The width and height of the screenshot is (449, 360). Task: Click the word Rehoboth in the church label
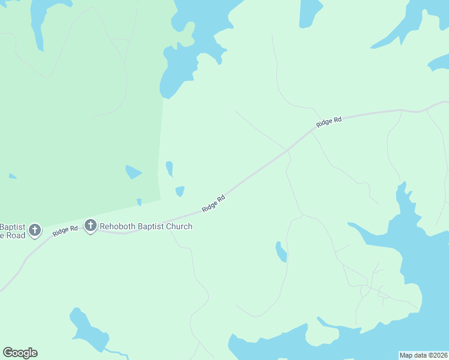pos(119,226)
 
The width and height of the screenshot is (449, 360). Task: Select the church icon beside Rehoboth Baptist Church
pos(91,226)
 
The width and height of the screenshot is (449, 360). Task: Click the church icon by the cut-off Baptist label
pos(35,229)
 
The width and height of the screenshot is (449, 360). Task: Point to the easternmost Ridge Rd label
pos(328,122)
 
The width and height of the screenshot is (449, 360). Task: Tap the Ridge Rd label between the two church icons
pos(65,230)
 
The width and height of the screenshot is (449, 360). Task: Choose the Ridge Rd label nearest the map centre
pos(214,202)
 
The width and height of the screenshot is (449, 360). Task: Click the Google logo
pos(20,353)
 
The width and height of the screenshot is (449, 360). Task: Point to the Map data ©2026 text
pos(424,355)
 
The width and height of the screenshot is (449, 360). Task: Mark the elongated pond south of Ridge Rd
pos(280,251)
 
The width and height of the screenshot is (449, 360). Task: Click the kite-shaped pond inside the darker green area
pos(133,172)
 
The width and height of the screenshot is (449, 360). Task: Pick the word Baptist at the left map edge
pos(12,227)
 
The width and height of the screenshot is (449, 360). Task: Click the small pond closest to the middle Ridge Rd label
pos(179,191)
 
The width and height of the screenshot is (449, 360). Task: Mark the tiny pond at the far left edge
pos(12,176)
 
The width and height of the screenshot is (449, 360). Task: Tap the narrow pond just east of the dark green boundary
pos(170,169)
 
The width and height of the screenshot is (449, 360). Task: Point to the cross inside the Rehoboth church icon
pos(91,226)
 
